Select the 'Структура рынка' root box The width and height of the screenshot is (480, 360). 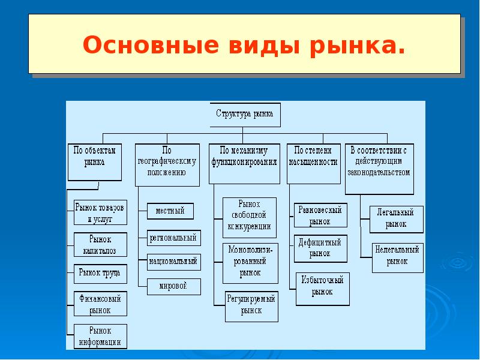coord(244,115)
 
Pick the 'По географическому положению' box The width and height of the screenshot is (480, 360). coord(167,163)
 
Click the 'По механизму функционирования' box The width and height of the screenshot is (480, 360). coord(244,163)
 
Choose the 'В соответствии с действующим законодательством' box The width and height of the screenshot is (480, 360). coord(379,168)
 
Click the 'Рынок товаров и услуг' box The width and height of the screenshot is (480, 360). coord(100,212)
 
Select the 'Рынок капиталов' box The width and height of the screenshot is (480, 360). coord(100,245)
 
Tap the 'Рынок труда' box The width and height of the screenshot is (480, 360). coord(100,273)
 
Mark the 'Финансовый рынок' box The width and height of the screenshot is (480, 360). coord(101,304)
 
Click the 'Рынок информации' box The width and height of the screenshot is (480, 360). coord(101,336)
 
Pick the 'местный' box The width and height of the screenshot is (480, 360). coord(170,211)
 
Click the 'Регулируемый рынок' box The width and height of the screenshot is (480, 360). coord(251,305)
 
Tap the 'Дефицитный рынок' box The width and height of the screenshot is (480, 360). coord(320,248)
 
